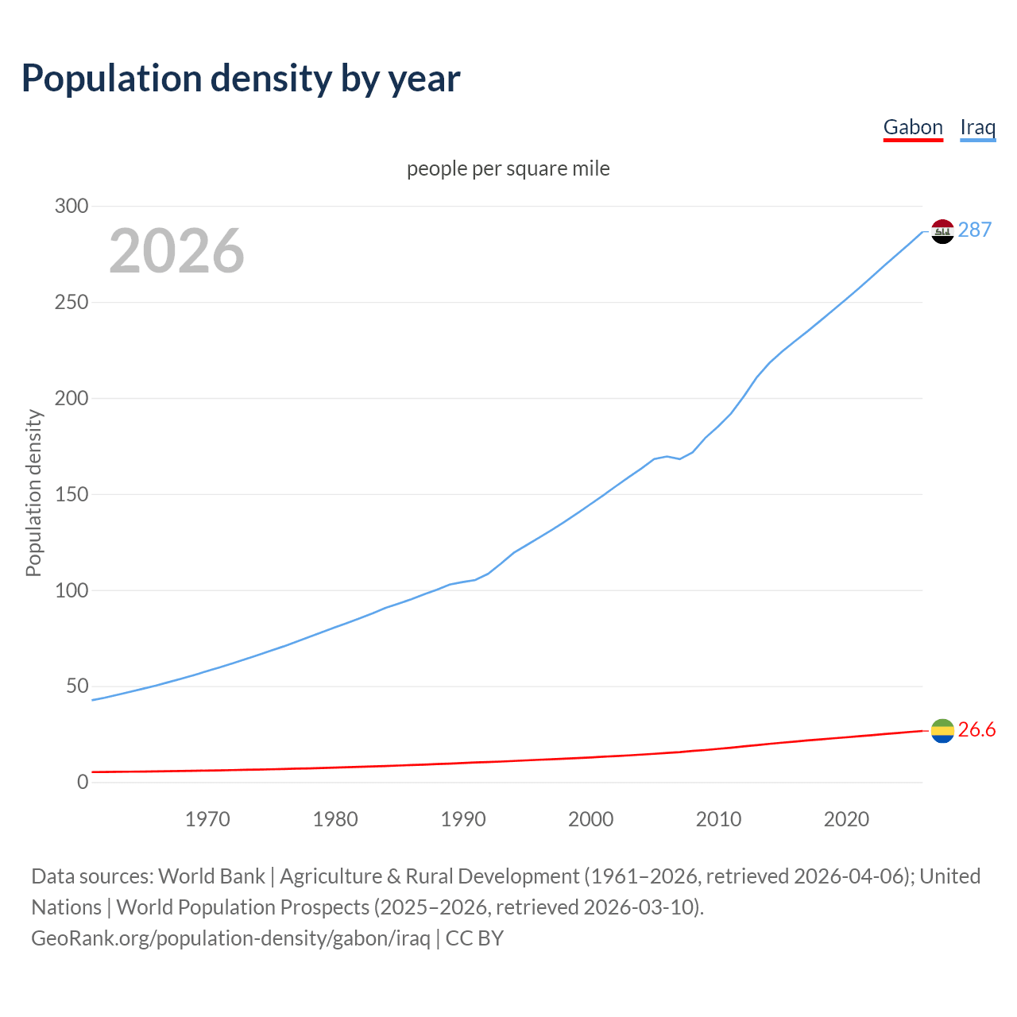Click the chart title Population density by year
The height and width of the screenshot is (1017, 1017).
coord(241,78)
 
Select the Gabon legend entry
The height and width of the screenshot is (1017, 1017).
coord(913,127)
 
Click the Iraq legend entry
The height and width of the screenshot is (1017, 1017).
coord(977,127)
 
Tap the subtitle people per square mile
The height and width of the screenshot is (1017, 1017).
coord(508,168)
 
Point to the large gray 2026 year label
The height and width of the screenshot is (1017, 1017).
coord(176,251)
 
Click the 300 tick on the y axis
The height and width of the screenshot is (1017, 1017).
coord(72,206)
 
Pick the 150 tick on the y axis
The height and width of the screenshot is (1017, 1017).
coord(72,494)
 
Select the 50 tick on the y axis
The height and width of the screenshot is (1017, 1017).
coord(77,686)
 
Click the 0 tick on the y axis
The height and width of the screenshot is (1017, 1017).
coord(83,782)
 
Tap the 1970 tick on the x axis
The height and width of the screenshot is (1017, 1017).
coord(207,819)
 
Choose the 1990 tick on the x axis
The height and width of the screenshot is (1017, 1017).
coord(463,819)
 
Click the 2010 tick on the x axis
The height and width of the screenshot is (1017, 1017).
coord(718,819)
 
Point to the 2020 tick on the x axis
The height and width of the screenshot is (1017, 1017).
coord(846,819)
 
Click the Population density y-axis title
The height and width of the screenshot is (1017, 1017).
coord(33,493)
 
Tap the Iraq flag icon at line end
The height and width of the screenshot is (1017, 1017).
coord(942,231)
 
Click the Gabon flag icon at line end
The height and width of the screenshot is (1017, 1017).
coord(942,730)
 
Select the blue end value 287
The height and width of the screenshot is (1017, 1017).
coord(975,230)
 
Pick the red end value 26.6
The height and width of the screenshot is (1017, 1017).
coord(976,729)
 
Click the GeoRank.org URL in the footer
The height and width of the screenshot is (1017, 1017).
coord(230,938)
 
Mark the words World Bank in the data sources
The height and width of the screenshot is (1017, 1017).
coord(211,876)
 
